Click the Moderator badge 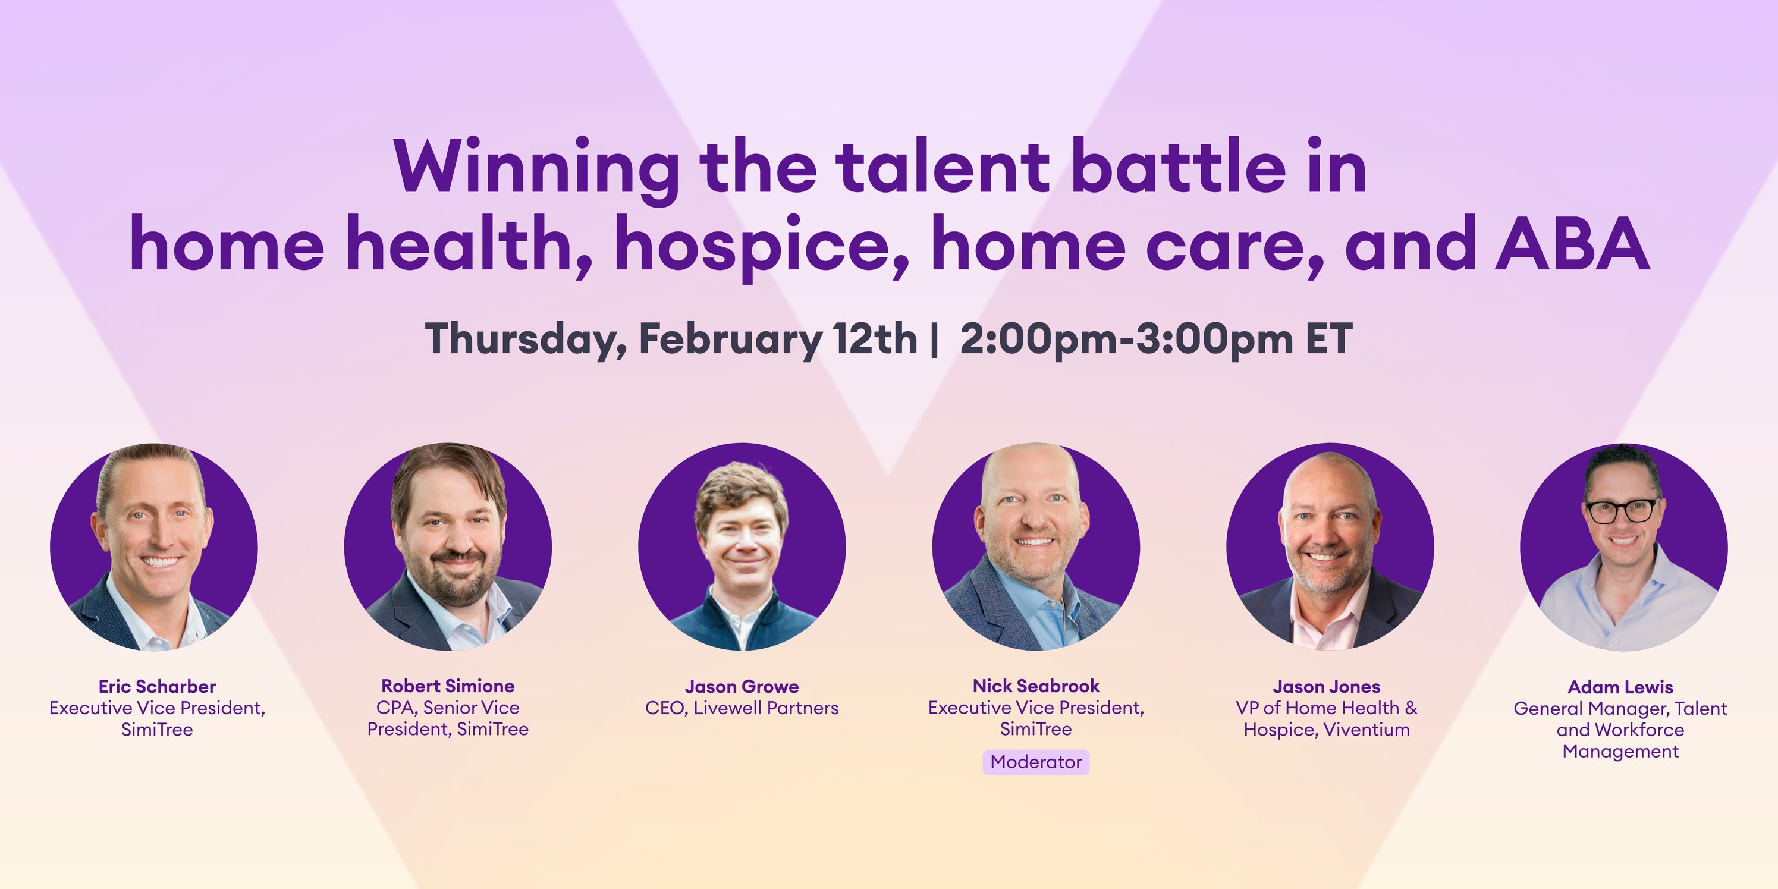(1036, 762)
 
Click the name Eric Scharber (158, 687)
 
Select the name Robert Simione (448, 686)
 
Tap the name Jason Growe (742, 687)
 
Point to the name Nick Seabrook (1036, 686)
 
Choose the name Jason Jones (1327, 687)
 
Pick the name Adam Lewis (1620, 687)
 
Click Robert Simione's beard (448, 580)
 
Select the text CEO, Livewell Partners (742, 708)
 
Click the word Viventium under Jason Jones (1366, 730)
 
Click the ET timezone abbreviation (1328, 339)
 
